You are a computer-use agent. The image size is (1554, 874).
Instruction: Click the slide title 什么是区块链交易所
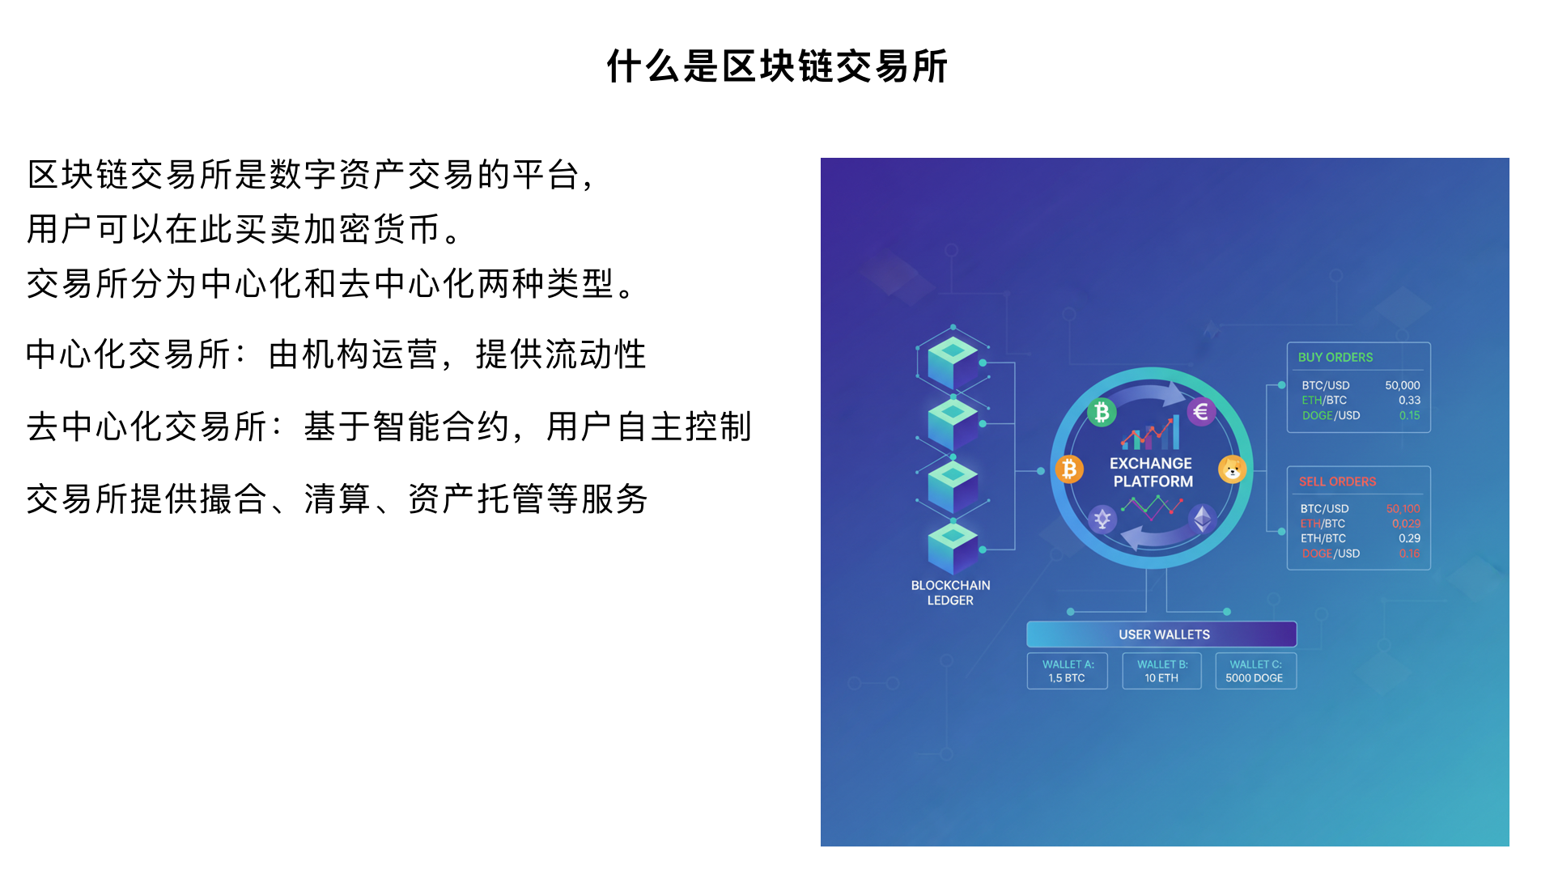[x=777, y=66]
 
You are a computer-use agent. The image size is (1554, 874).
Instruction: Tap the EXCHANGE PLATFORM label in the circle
[x=1152, y=473]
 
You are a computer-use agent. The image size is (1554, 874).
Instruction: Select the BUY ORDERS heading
[x=1335, y=358]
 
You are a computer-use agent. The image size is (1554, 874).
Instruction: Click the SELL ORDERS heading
[x=1337, y=482]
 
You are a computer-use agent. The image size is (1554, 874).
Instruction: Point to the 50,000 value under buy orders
[x=1402, y=386]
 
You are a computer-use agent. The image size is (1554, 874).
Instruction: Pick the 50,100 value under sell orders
[x=1403, y=509]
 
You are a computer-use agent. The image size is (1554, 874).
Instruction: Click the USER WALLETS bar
[x=1162, y=634]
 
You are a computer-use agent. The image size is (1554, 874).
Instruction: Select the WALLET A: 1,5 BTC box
[x=1068, y=672]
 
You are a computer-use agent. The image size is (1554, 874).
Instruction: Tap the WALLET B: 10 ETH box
[x=1161, y=672]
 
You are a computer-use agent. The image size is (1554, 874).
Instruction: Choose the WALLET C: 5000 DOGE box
[x=1255, y=672]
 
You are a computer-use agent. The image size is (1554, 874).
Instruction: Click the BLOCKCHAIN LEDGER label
[x=950, y=593]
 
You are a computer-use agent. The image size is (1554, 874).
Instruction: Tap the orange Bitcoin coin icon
[x=1069, y=469]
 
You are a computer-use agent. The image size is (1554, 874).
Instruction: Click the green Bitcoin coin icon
[x=1102, y=413]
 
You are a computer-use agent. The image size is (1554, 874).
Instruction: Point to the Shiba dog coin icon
[x=1232, y=469]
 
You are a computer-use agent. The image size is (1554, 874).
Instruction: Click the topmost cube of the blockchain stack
[x=953, y=360]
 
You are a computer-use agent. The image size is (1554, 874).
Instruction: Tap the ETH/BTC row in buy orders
[x=1360, y=401]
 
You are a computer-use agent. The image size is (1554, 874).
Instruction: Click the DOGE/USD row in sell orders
[x=1360, y=554]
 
